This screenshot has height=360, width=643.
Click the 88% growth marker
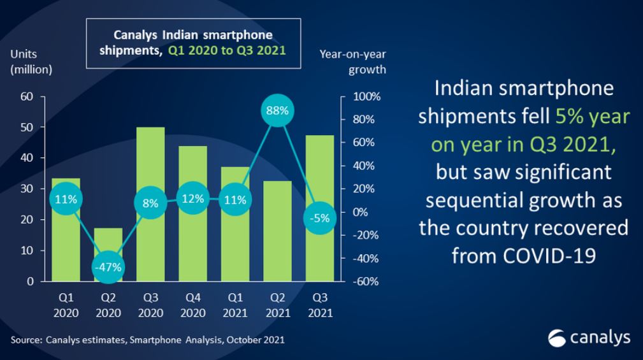(277, 110)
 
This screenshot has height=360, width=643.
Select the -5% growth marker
(319, 218)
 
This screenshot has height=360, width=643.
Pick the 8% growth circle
(150, 204)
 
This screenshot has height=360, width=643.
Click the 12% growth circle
(192, 199)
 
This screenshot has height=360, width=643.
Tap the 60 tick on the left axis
(27, 97)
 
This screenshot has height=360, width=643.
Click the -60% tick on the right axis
(366, 282)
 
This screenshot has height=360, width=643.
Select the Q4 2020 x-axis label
(192, 305)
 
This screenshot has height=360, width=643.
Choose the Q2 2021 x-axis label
(277, 305)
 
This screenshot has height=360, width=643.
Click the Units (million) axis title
(31, 61)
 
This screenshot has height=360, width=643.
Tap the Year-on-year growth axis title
(352, 61)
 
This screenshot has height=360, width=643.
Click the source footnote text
(147, 340)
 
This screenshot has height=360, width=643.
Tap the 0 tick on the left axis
(30, 282)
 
